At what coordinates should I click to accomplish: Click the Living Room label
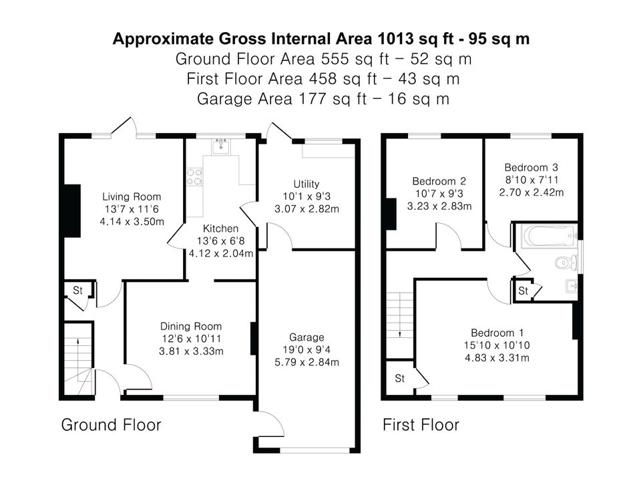132,196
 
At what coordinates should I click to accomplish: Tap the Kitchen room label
221,228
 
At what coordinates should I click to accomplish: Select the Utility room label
306,184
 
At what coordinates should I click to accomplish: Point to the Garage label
306,337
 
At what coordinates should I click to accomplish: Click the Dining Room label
191,327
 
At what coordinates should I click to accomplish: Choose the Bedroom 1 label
497,333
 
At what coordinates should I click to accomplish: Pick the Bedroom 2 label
439,181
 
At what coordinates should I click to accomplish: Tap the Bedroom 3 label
531,167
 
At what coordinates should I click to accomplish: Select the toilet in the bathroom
567,262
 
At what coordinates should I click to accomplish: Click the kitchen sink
221,146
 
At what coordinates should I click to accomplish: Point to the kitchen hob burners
194,176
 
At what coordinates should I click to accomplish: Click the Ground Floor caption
112,425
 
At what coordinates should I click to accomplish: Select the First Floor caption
421,425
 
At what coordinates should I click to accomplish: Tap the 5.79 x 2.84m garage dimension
306,362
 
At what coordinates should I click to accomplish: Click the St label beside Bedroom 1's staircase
400,378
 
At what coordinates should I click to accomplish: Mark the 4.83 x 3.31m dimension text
497,358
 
